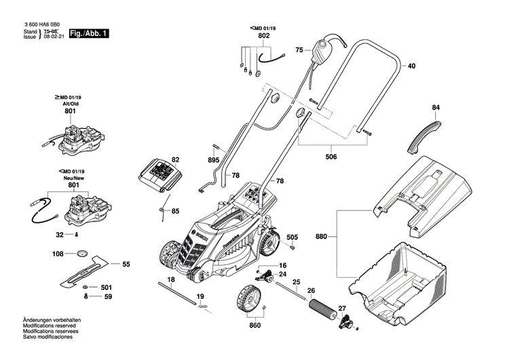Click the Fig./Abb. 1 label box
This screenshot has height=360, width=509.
point(88,33)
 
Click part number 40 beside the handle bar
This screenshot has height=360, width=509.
point(411,66)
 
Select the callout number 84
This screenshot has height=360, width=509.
point(436,107)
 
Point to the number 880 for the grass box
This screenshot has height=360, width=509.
point(322,237)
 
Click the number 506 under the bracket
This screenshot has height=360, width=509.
point(330,157)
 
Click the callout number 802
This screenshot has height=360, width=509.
point(263,35)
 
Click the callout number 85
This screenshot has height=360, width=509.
point(175,211)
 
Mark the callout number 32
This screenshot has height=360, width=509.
point(60,234)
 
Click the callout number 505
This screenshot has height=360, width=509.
point(292,237)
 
